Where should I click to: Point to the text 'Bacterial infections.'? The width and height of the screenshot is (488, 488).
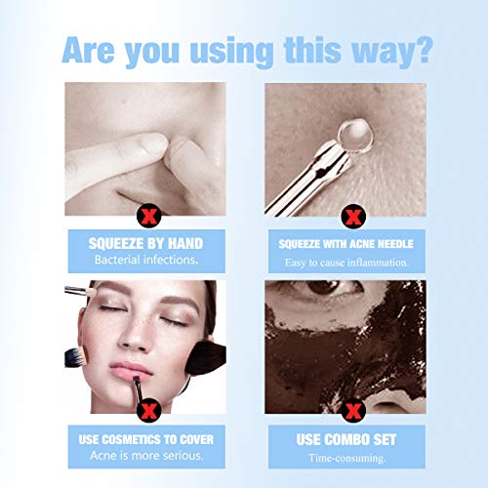click(x=145, y=261)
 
